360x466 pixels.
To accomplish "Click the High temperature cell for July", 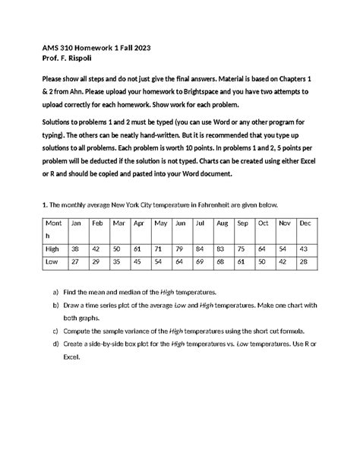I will tap(199, 249).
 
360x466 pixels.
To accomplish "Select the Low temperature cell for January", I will tap(75, 262).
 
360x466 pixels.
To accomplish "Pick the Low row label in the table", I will tap(52, 262).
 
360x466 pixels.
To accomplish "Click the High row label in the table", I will tap(53, 249).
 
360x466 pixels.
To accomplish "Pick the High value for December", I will tap(304, 249).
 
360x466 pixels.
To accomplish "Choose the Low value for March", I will tap(117, 262).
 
